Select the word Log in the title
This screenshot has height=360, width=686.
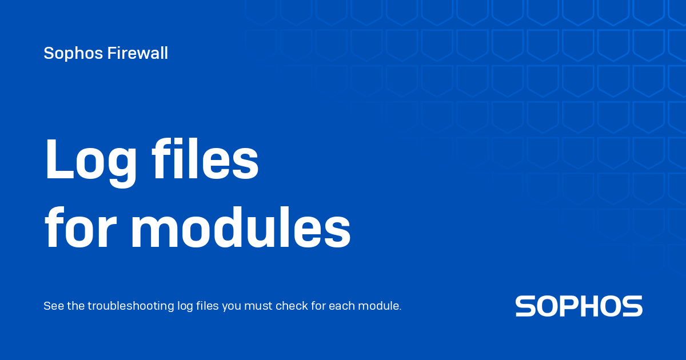coord(90,160)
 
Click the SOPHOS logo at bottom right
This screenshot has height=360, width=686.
coord(579,306)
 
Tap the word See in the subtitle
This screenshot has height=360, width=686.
coord(54,306)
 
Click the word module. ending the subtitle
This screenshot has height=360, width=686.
coord(380,306)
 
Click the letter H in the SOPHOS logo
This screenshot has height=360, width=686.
coord(588,306)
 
